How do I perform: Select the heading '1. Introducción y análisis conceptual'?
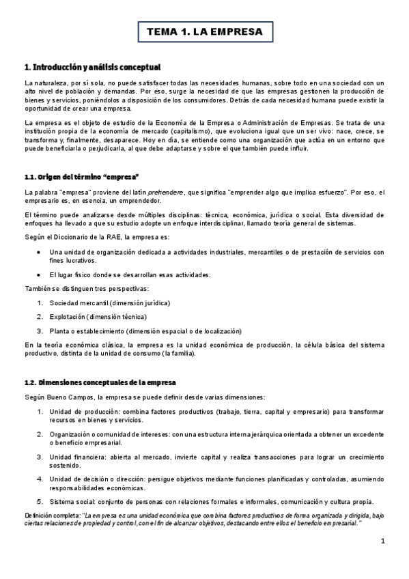pos(92,67)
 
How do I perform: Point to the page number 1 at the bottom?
pos(383,541)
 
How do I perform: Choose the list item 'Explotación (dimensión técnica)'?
pos(98,316)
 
